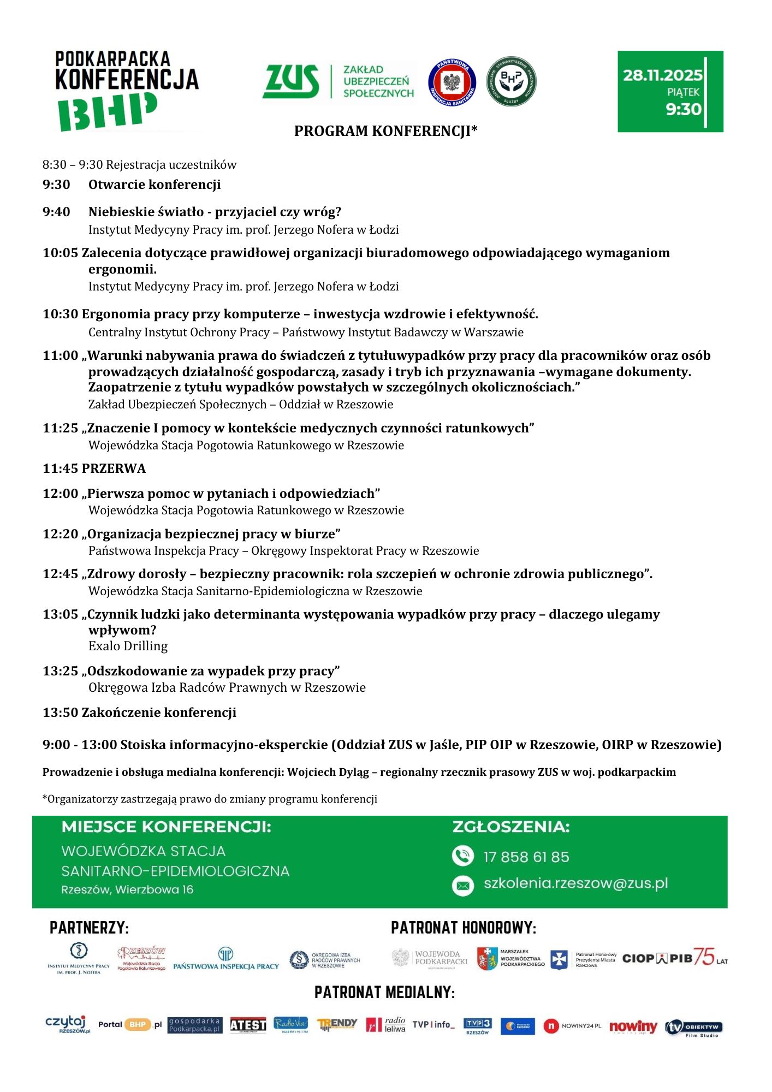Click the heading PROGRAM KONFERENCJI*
pyautogui.click(x=385, y=131)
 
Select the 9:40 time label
pyautogui.click(x=56, y=212)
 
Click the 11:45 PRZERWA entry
pyautogui.click(x=94, y=468)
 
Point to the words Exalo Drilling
pyautogui.click(x=128, y=646)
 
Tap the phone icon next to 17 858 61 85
pyautogui.click(x=462, y=856)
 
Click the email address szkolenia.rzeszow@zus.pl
pyautogui.click(x=575, y=883)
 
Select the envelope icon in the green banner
pyautogui.click(x=462, y=885)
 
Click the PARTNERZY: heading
pyautogui.click(x=89, y=928)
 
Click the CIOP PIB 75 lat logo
pyautogui.click(x=674, y=958)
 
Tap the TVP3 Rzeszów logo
pyautogui.click(x=477, y=1025)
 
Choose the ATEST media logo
pyautogui.click(x=247, y=1025)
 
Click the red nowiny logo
pyautogui.click(x=633, y=1026)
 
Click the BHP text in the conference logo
pyautogui.click(x=108, y=112)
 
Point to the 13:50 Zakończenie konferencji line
pyautogui.click(x=139, y=713)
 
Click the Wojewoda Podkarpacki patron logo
pyautogui.click(x=430, y=958)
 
